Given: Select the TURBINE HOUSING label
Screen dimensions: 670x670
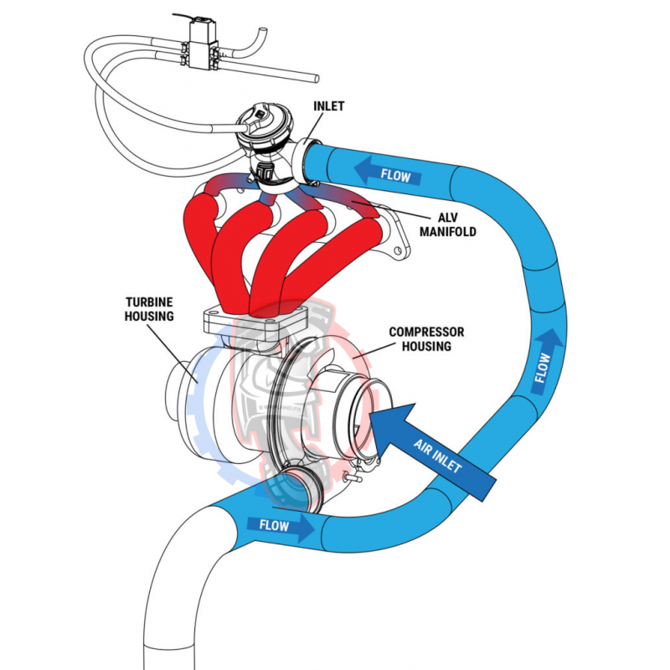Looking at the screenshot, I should [150, 308].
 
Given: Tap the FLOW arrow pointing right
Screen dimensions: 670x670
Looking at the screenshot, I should [281, 525].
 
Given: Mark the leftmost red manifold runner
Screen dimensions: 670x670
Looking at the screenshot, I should [198, 234].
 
